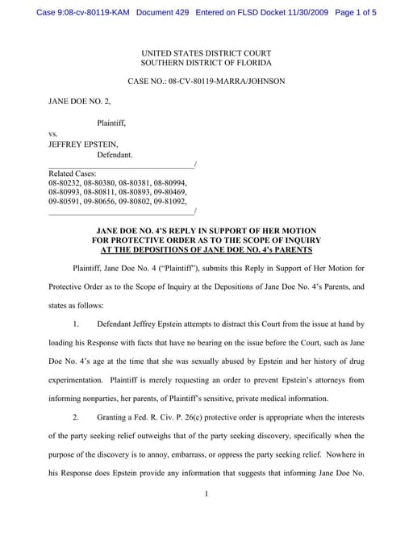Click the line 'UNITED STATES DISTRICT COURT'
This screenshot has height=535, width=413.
pos(206,52)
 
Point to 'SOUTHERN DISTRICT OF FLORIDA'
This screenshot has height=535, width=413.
pos(206,62)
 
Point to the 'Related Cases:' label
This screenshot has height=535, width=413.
pos(73,173)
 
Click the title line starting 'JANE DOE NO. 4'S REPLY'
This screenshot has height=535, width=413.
pos(206,230)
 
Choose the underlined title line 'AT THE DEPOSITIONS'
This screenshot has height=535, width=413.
pos(206,249)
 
